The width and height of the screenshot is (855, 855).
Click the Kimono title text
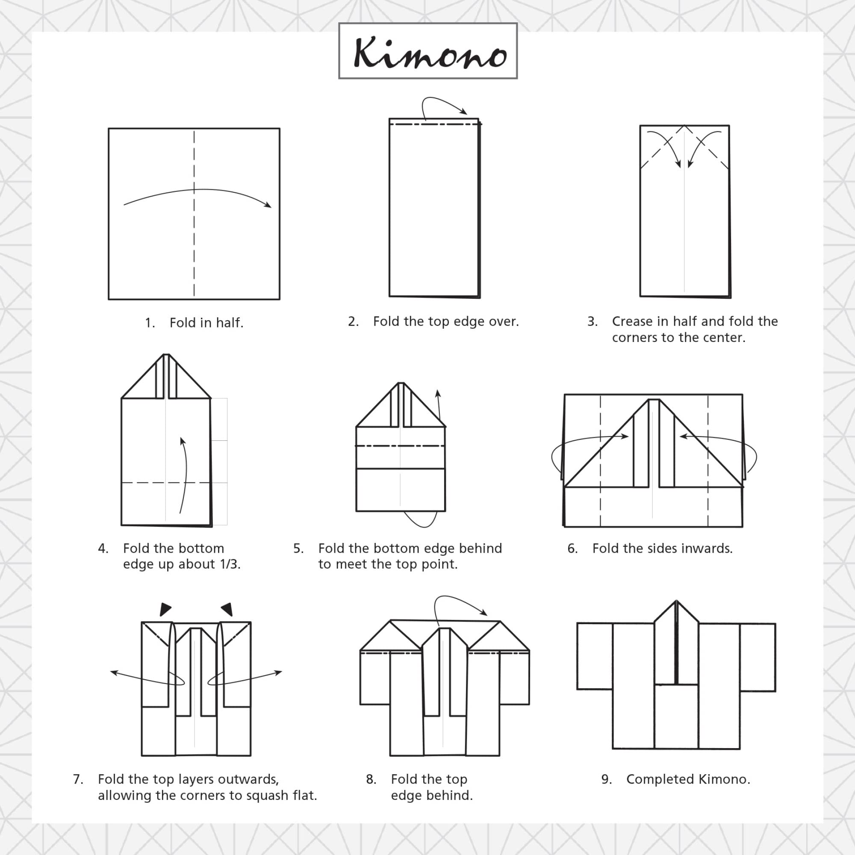pyautogui.click(x=429, y=53)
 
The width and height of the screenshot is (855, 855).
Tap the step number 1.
pyautogui.click(x=150, y=323)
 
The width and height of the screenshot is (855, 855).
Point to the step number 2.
pyautogui.click(x=353, y=321)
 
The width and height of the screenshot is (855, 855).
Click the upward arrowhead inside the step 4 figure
pyautogui.click(x=183, y=441)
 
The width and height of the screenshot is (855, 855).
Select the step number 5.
pyautogui.click(x=298, y=548)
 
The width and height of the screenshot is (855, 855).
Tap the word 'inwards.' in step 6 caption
pyautogui.click(x=707, y=548)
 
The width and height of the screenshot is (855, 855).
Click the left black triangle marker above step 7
pyautogui.click(x=165, y=609)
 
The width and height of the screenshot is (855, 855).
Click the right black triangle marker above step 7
pyautogui.click(x=227, y=609)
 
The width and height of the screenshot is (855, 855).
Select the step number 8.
pyautogui.click(x=371, y=779)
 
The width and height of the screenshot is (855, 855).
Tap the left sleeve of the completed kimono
pyautogui.click(x=595, y=656)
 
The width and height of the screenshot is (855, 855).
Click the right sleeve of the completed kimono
pyautogui.click(x=757, y=657)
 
